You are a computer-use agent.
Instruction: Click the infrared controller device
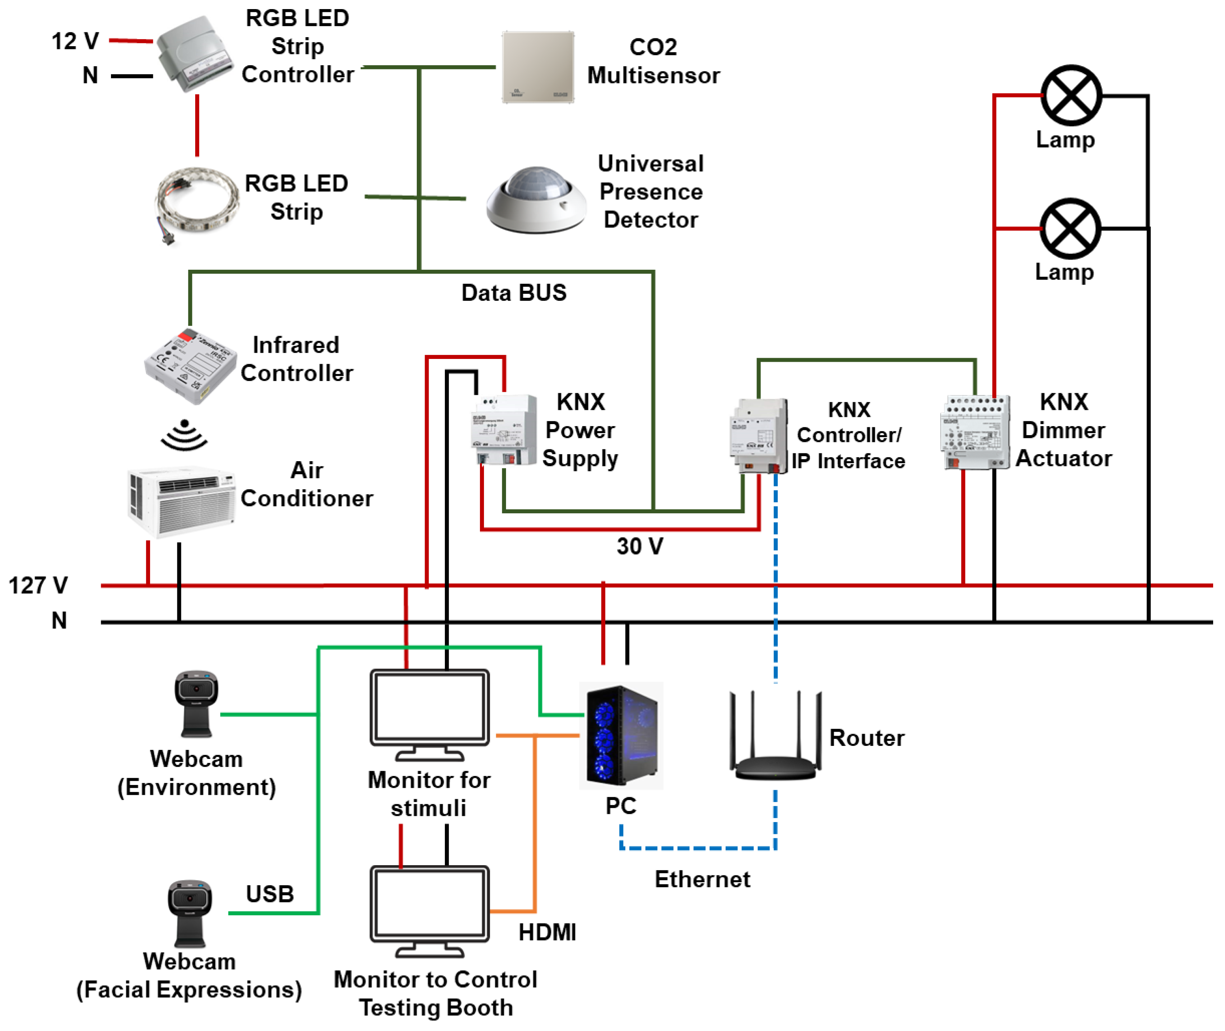189,365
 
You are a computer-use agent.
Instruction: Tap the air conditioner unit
182,501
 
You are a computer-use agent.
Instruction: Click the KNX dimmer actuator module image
974,432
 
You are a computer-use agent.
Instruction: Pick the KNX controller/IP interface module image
758,436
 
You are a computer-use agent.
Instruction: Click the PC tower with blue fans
621,735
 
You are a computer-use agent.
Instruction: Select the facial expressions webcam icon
190,913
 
